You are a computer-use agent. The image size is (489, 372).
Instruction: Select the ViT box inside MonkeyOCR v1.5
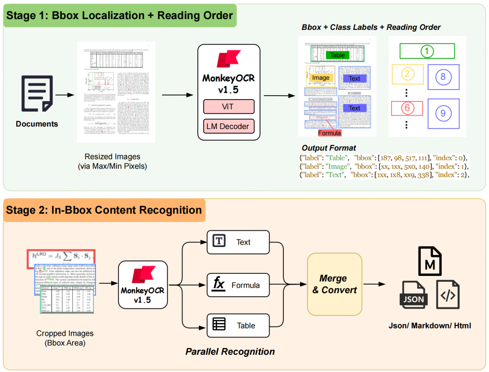coord(229,107)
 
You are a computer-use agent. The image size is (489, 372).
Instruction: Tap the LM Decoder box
coord(229,126)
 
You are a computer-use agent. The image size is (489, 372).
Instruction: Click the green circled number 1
coord(427,51)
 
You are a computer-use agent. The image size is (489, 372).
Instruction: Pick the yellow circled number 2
coord(407,74)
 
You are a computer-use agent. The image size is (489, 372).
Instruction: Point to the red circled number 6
coord(407,108)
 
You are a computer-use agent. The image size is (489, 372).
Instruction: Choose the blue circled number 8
coord(443,77)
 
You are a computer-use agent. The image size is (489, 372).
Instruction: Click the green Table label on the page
coord(337,55)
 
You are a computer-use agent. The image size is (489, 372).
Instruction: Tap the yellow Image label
coord(321,78)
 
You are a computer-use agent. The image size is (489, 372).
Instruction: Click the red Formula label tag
coord(329,133)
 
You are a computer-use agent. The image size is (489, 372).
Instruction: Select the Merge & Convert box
coord(335,284)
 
